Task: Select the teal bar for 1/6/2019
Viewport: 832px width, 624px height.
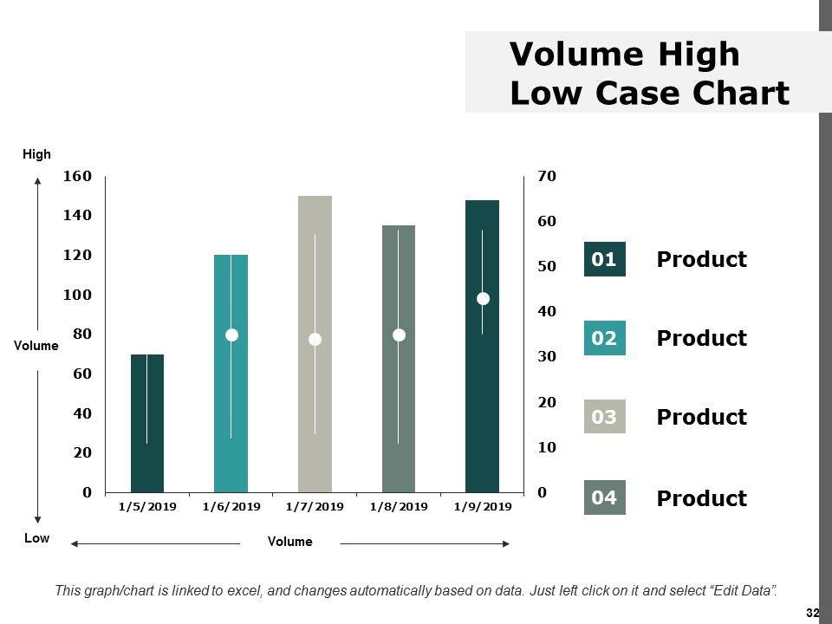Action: coord(231,390)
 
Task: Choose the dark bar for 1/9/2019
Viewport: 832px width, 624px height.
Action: coord(483,390)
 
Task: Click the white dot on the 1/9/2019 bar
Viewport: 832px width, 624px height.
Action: coord(483,299)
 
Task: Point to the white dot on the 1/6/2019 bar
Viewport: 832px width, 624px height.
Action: coord(231,335)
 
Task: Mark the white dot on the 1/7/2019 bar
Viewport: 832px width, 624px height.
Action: coord(315,339)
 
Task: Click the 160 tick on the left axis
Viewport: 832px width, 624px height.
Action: coord(77,177)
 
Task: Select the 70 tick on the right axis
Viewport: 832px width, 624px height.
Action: coord(547,176)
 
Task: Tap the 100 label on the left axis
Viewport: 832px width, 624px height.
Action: coord(77,296)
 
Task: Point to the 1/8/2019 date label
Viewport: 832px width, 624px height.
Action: coord(399,506)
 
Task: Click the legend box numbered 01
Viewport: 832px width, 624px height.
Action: coord(604,259)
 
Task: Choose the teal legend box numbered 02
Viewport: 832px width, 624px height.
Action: coord(604,338)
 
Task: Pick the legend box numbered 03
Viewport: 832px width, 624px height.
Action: coord(604,418)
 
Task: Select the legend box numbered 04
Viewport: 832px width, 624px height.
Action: coord(604,497)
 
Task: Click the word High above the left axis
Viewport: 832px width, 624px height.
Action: coord(36,154)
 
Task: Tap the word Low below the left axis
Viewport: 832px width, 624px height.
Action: coord(36,538)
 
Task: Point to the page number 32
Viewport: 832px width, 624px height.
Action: coord(813,613)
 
